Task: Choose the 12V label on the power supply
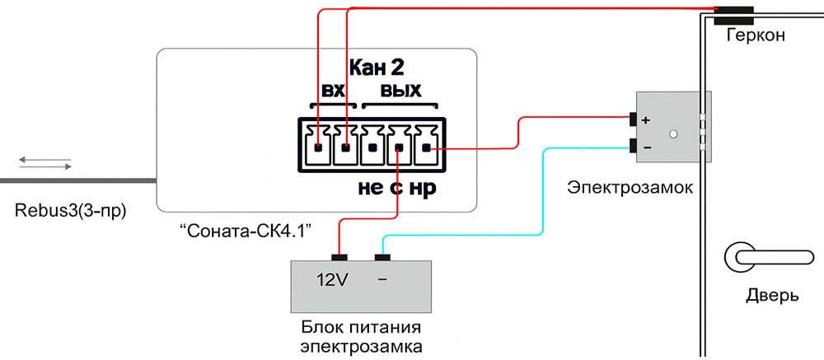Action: [x=333, y=280]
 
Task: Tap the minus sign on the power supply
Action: [x=382, y=280]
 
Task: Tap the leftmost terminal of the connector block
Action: [x=318, y=148]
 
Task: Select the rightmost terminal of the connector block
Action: [x=426, y=148]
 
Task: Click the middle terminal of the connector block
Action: [x=372, y=148]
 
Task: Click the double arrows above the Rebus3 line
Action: [x=45, y=161]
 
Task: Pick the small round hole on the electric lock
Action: [x=673, y=133]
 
